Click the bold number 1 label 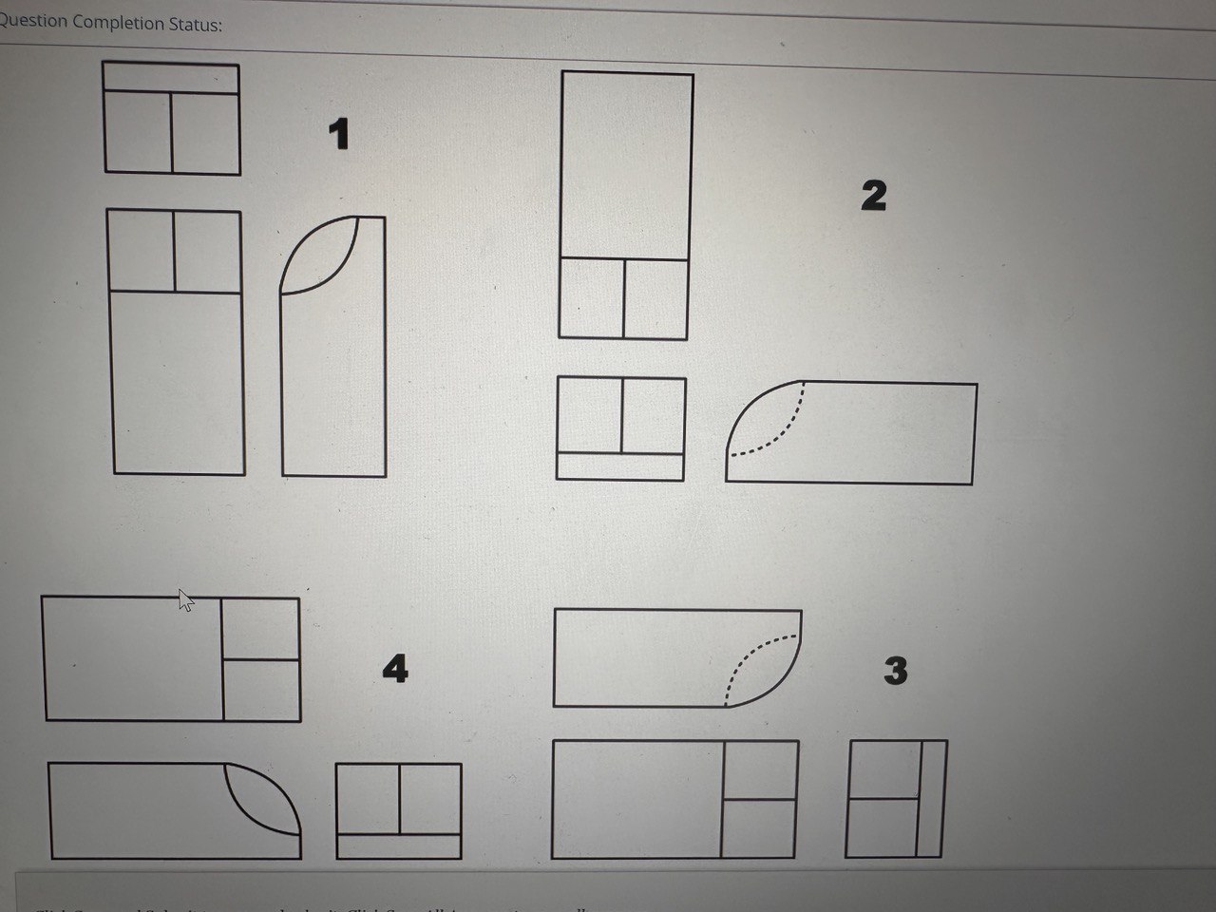tap(338, 134)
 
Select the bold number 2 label tap(873, 196)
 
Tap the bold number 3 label tap(895, 671)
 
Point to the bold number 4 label tap(395, 669)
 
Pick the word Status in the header tap(196, 25)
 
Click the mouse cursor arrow tap(185, 599)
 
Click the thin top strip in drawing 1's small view tap(171, 78)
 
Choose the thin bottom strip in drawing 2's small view tap(620, 466)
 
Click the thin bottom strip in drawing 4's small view tap(399, 845)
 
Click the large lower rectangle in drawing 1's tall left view tap(178, 382)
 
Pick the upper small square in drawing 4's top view tap(261, 629)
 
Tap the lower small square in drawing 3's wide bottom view tap(760, 827)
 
